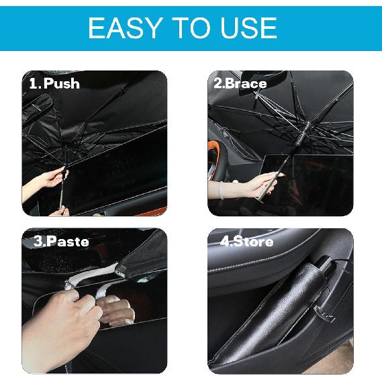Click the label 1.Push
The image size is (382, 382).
point(54,84)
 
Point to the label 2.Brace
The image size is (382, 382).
point(240,84)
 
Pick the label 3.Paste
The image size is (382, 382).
point(61,240)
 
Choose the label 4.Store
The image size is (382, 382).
point(246,240)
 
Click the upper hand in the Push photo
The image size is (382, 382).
point(47,179)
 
